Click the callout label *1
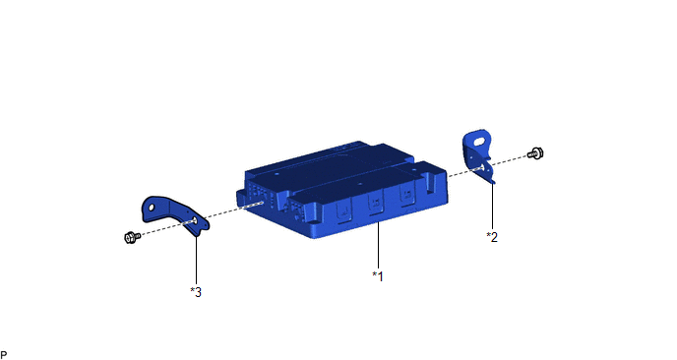(x=378, y=276)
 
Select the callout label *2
(x=492, y=237)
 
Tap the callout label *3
(x=196, y=292)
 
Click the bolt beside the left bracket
(x=132, y=237)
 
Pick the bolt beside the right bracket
(x=536, y=152)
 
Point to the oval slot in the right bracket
(x=479, y=142)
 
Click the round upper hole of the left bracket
(x=152, y=208)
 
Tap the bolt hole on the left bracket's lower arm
(x=194, y=221)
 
